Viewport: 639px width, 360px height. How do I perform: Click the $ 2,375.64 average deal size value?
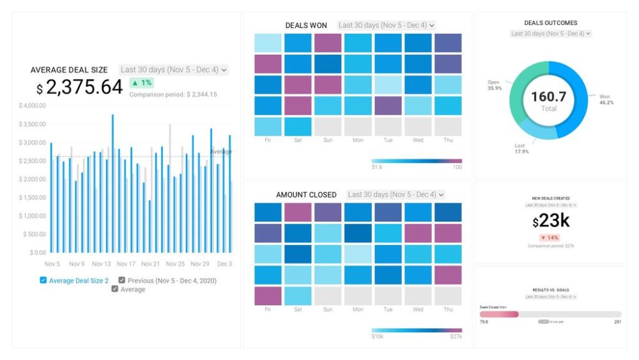coord(80,87)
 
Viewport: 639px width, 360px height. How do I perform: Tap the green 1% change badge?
coord(141,82)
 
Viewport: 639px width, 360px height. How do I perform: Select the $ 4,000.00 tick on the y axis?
coord(32,106)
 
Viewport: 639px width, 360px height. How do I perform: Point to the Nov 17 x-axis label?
coord(126,264)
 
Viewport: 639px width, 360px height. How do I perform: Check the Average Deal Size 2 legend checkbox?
coord(43,280)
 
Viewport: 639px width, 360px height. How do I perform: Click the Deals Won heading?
coord(306,26)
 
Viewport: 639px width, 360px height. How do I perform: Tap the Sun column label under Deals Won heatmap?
coord(328,139)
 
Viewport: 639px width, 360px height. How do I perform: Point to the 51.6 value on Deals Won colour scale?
coord(376,167)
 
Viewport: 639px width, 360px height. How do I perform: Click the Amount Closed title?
coord(306,194)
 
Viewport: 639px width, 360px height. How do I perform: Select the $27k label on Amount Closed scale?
coord(456,336)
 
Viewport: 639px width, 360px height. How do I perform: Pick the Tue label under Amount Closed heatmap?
coord(388,309)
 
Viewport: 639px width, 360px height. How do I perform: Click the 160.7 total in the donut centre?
coord(549,97)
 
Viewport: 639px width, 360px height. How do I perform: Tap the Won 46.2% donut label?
coord(605,100)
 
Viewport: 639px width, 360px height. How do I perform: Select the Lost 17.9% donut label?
coord(521,148)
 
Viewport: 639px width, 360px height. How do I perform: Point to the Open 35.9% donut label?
coord(494,85)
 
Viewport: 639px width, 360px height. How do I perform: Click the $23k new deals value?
coord(551,221)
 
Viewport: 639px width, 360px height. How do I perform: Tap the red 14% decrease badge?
coord(551,237)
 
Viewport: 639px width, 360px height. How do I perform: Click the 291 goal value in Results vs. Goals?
coord(617,322)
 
